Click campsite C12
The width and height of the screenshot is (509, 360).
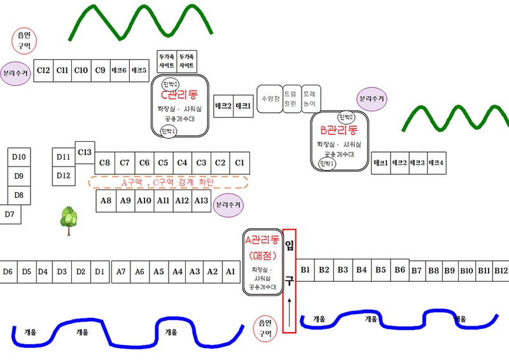click(x=43, y=70)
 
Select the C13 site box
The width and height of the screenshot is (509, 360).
click(x=85, y=152)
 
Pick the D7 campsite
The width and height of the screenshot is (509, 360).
click(x=10, y=214)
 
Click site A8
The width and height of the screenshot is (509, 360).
click(x=106, y=201)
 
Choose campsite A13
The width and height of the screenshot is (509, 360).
click(x=201, y=201)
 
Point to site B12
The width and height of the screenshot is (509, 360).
click(x=501, y=270)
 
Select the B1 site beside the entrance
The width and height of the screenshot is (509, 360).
click(x=305, y=270)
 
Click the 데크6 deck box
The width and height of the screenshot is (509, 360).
click(x=119, y=70)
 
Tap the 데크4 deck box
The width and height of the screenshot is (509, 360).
click(x=436, y=163)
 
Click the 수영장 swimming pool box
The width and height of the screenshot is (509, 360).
click(x=268, y=99)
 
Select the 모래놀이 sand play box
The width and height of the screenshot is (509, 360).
click(x=310, y=99)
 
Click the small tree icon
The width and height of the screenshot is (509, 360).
click(x=68, y=219)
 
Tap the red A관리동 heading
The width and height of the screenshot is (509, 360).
click(x=262, y=240)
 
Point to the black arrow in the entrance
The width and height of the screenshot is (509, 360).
click(x=289, y=308)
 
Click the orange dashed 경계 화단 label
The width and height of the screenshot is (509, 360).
click(x=168, y=183)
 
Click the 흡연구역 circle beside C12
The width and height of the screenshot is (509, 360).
click(x=25, y=41)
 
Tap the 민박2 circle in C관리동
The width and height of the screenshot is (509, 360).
click(x=171, y=85)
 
